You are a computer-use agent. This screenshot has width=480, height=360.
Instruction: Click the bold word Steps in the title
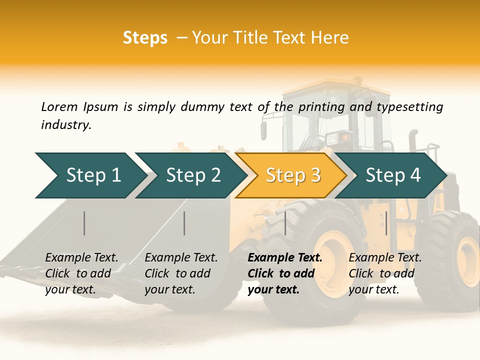[145, 38]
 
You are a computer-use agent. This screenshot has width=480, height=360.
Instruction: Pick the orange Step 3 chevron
[292, 175]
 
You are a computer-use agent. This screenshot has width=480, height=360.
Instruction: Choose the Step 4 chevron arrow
[392, 175]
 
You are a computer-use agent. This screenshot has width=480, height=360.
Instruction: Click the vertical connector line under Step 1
[84, 223]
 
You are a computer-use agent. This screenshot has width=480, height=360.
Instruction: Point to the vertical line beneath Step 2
[184, 223]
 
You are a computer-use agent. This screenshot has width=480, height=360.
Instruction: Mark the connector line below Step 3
[285, 223]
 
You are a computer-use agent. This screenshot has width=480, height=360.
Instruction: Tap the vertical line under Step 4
[386, 223]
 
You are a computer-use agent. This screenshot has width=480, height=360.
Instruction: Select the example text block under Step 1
[81, 273]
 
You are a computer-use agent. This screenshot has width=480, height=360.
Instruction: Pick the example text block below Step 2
[181, 273]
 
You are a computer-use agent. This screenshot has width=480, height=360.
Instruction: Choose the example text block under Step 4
[385, 273]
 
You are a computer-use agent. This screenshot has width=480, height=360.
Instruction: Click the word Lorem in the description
[59, 107]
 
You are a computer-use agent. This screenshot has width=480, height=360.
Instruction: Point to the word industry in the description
[65, 125]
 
